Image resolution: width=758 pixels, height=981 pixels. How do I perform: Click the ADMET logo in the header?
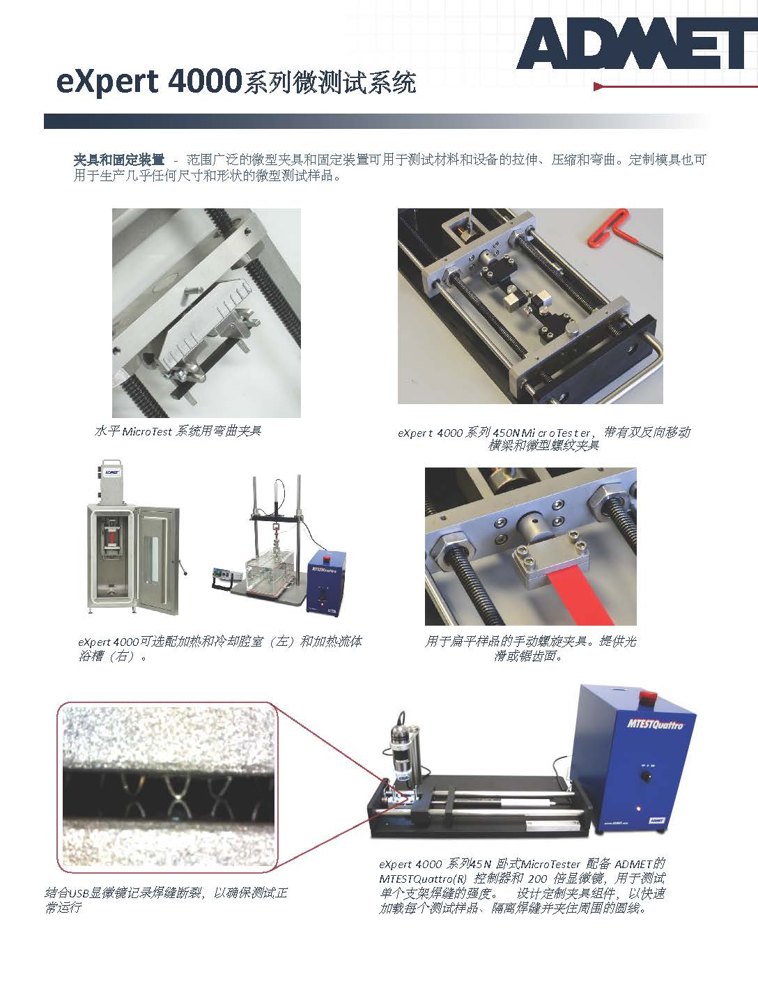tap(637, 44)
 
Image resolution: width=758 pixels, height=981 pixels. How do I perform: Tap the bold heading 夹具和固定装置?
tap(118, 160)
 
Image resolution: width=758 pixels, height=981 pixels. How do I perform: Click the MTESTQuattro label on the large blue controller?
tap(655, 724)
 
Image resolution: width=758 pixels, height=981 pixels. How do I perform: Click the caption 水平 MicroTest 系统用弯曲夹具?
tap(178, 431)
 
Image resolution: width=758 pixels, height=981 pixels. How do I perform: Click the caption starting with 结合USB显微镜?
tap(166, 899)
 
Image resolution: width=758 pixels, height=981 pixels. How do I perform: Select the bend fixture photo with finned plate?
tap(206, 313)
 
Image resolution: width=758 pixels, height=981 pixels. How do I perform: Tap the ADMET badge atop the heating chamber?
tap(111, 472)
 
